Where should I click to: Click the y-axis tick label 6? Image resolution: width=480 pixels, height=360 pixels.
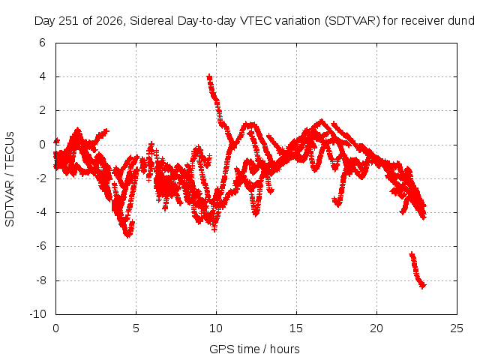42,43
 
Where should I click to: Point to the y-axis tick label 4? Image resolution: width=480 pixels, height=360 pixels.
42,76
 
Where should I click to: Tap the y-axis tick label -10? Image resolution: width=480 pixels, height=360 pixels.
37,314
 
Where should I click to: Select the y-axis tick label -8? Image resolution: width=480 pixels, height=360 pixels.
40,280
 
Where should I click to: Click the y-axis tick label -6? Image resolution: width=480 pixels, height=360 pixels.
40,246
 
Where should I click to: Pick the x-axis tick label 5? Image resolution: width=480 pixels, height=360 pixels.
136,328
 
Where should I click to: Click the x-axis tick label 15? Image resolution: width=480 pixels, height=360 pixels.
296,328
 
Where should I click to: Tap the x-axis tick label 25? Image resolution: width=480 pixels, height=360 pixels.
457,328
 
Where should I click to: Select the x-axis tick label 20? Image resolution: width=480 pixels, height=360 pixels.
376,328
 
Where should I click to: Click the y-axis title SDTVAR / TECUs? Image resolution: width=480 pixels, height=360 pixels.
10,179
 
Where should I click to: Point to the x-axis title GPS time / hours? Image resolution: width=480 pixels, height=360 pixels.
254,349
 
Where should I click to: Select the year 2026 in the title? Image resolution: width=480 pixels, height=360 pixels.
109,21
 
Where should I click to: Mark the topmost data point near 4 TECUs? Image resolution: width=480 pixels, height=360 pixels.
209,76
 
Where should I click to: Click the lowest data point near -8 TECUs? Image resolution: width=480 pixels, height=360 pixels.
423,286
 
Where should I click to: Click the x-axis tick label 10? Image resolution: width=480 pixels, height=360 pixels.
216,328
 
